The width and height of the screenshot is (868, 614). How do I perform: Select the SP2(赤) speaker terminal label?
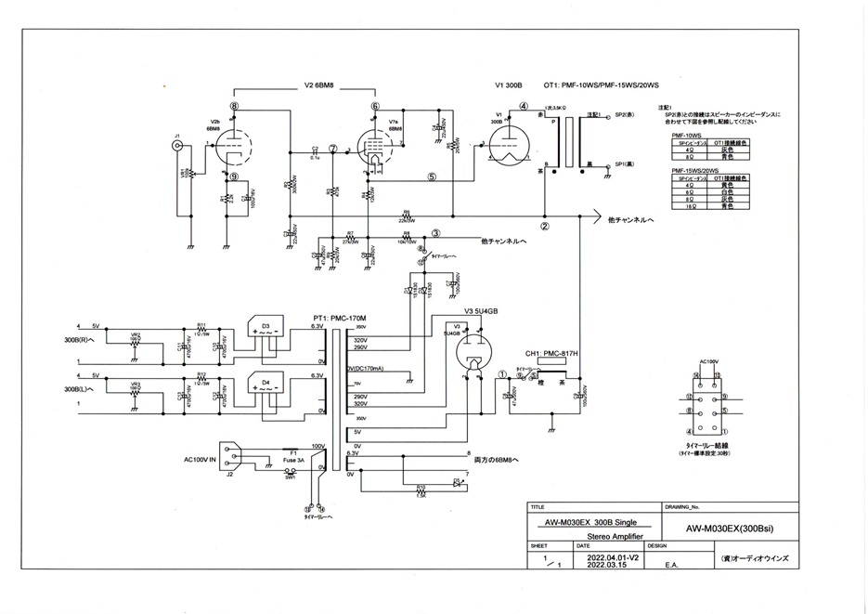(x=624, y=115)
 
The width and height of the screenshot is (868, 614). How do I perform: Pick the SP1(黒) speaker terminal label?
(x=624, y=165)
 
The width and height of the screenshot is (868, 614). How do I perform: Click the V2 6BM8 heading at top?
(x=318, y=85)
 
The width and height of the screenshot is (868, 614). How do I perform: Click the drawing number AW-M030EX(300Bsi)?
(x=729, y=529)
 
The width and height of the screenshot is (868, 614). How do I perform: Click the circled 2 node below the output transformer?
(x=546, y=225)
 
